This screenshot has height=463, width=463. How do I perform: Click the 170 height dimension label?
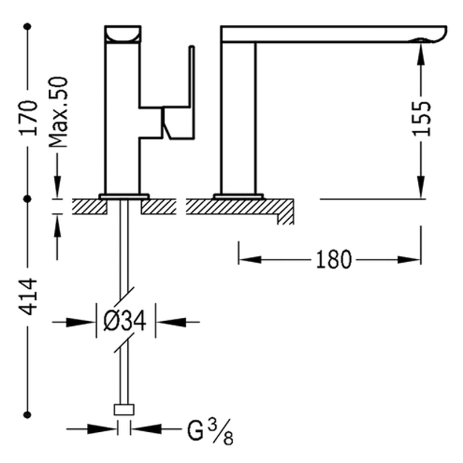28,118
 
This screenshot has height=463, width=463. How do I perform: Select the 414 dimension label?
28,296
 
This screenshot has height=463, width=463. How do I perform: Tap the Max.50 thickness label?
58,112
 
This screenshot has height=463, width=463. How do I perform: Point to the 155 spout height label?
421,119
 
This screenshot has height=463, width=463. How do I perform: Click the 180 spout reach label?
334,259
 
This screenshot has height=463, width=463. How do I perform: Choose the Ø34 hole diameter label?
125,321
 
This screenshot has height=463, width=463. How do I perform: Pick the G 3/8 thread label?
210,432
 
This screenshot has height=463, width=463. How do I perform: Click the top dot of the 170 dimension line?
27,27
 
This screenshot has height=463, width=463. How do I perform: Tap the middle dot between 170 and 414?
27,199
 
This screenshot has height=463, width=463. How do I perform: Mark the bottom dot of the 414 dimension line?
27,415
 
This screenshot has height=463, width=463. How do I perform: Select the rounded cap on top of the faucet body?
123,34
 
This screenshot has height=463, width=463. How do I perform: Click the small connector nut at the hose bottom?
124,410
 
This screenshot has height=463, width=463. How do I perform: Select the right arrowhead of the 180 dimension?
409,260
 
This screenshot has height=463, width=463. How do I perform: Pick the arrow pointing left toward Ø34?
171,322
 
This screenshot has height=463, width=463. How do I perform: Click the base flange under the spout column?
238,196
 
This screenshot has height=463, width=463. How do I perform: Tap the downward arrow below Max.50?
57,186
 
